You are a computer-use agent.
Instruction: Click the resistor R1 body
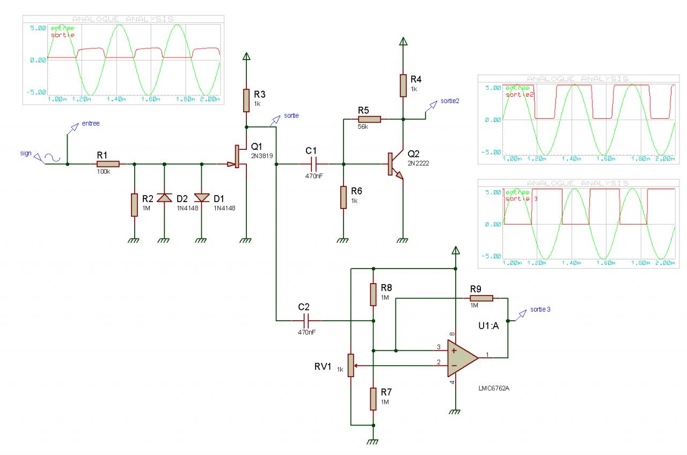point(108,164)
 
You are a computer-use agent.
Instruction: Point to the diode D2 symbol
point(164,197)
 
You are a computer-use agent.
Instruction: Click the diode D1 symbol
point(202,197)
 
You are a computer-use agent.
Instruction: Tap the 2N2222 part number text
point(419,163)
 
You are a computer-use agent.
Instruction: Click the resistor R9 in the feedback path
point(481,298)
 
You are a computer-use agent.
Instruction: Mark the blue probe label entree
point(90,124)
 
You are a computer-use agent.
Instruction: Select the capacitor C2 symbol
point(306,321)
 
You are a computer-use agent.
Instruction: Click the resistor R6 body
point(343,197)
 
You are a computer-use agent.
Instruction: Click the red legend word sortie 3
point(517,199)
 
